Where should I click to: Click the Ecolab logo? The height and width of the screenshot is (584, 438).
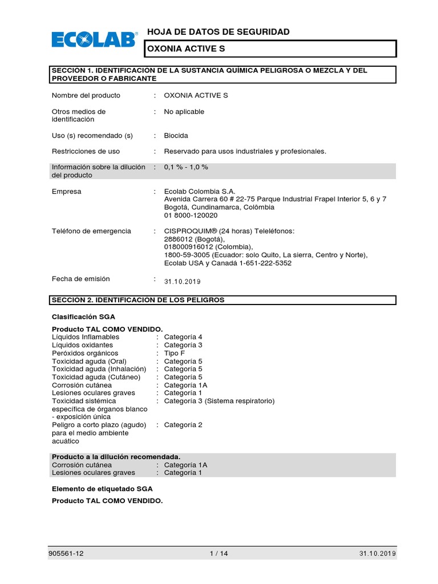95,39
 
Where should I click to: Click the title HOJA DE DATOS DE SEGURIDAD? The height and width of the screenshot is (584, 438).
218,32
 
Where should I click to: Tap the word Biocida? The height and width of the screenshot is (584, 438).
176,136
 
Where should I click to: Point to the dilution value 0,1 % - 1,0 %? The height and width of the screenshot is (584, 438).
186,167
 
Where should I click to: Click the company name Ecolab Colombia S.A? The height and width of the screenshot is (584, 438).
200,192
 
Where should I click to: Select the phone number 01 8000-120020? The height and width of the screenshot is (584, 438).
190,216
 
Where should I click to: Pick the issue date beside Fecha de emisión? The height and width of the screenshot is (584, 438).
182,282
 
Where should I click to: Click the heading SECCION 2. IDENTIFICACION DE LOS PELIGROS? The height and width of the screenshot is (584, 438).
138,299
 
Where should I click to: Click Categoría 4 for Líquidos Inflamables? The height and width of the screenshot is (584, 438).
183,337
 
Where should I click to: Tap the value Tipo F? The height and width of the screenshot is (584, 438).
175,353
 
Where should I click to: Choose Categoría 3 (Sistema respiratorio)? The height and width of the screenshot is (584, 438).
219,401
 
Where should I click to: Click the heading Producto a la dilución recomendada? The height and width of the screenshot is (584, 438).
116,457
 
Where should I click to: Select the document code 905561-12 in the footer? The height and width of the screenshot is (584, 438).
68,554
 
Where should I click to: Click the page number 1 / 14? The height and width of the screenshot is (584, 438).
219,554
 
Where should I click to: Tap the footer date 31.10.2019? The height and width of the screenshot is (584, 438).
378,554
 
